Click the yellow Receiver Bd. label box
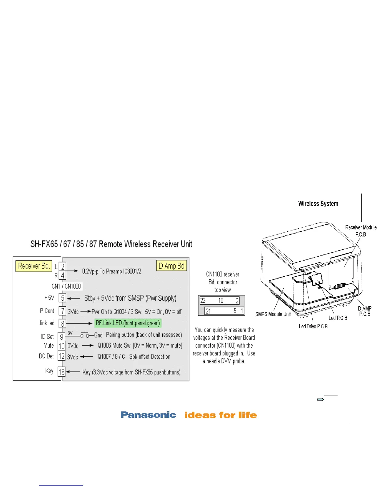34,266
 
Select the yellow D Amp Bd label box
172,266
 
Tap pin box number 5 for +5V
63,298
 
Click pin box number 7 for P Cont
63,311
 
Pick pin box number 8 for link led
63,323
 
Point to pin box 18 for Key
62,372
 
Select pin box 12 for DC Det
62,356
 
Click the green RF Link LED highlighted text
128,323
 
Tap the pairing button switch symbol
84,335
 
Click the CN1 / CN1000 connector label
66,286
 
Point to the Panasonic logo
148,415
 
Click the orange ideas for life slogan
221,415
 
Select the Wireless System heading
318,204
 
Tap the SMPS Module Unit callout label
273,314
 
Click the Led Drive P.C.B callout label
313,326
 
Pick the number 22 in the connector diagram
203,301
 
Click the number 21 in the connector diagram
208,311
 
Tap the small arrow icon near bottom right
320,400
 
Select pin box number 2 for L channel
63,266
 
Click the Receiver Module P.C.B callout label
361,231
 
